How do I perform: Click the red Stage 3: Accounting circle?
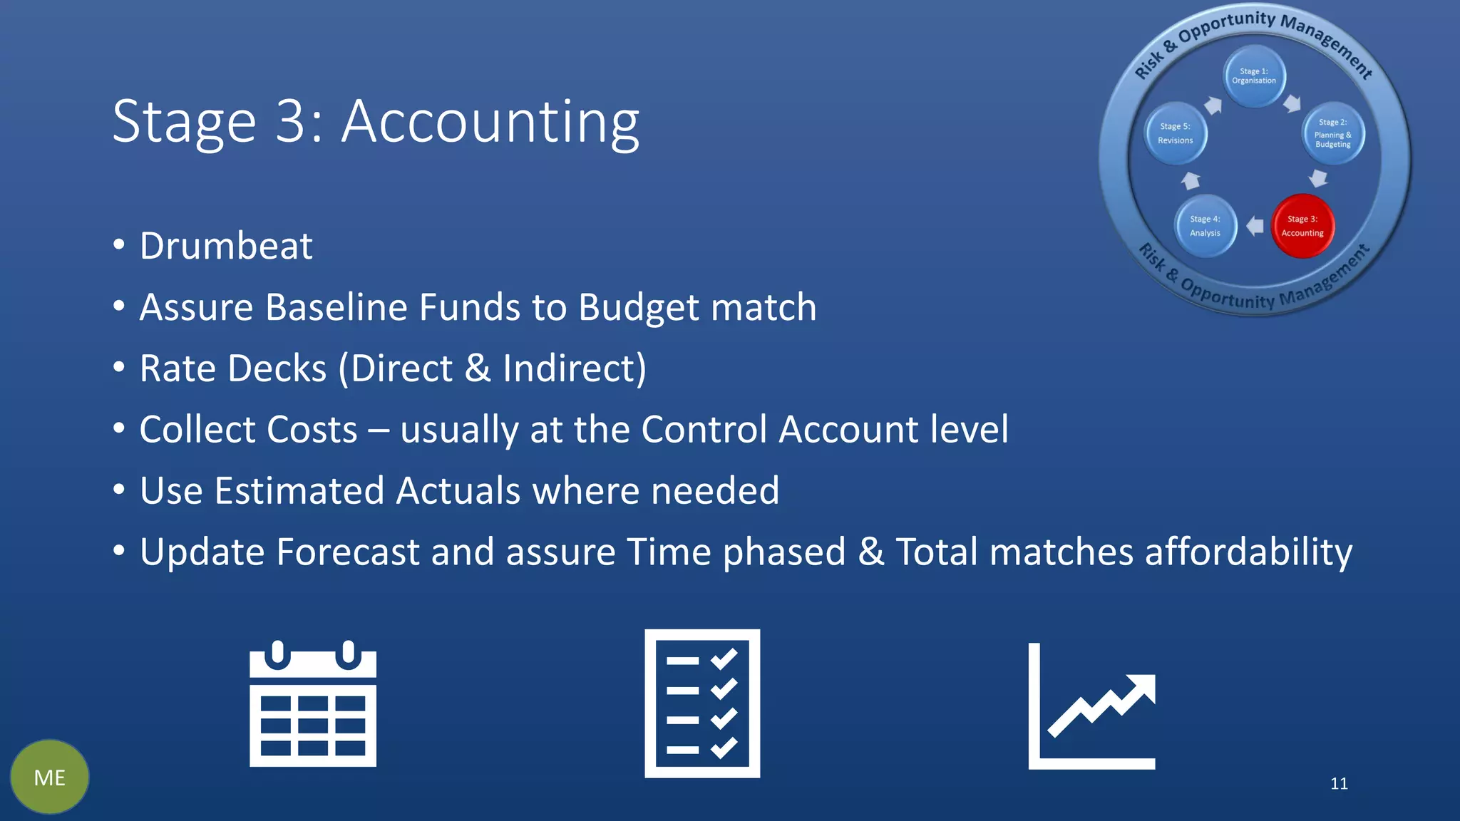pyautogui.click(x=1302, y=226)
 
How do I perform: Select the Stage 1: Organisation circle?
pyautogui.click(x=1254, y=76)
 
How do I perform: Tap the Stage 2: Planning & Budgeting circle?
pyautogui.click(x=1333, y=133)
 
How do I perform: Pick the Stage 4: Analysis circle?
pyautogui.click(x=1205, y=226)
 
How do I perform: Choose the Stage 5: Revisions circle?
pyautogui.click(x=1176, y=133)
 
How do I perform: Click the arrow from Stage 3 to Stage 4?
pyautogui.click(x=1255, y=226)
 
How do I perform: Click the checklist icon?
pyautogui.click(x=702, y=703)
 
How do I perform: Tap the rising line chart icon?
pyautogui.click(x=1091, y=706)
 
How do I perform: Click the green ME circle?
pyautogui.click(x=50, y=777)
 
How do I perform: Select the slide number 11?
pyautogui.click(x=1339, y=784)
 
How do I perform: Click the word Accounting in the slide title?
pyautogui.click(x=490, y=123)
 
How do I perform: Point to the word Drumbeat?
pyautogui.click(x=226, y=247)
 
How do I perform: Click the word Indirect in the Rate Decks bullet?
pyautogui.click(x=570, y=369)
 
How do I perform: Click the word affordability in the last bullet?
pyautogui.click(x=1248, y=553)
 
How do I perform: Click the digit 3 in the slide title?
pyautogui.click(x=292, y=123)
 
